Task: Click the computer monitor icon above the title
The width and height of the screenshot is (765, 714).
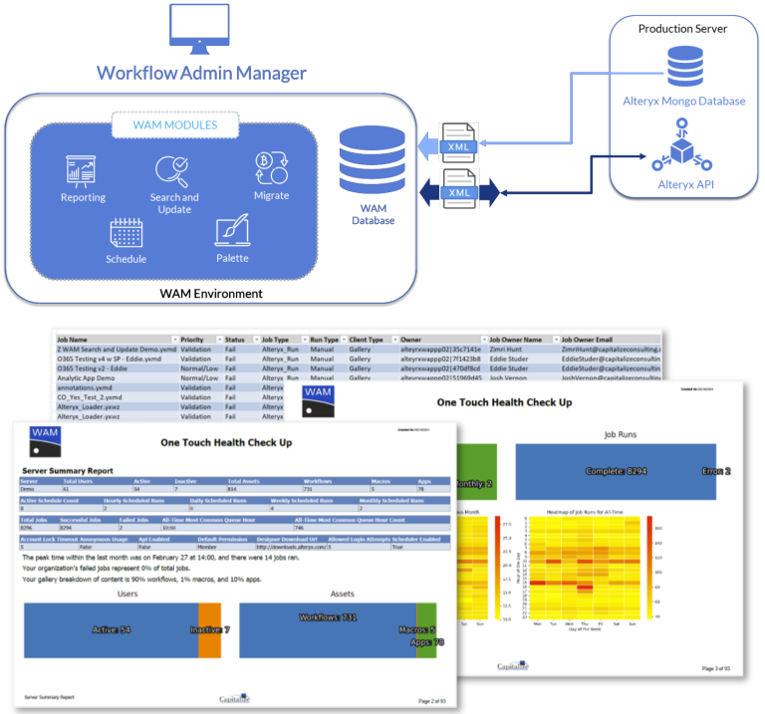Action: pos(199,30)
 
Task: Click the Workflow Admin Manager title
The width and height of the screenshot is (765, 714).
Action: pos(201,73)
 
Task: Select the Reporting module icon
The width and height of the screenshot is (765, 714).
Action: pos(83,171)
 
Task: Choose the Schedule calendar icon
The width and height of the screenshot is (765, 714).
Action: pos(127,233)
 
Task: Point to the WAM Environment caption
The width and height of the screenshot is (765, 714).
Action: pos(211,294)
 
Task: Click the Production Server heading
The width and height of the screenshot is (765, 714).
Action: pos(682,28)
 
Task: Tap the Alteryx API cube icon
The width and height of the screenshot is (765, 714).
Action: pos(681,150)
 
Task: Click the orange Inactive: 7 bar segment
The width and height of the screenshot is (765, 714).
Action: pos(209,629)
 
